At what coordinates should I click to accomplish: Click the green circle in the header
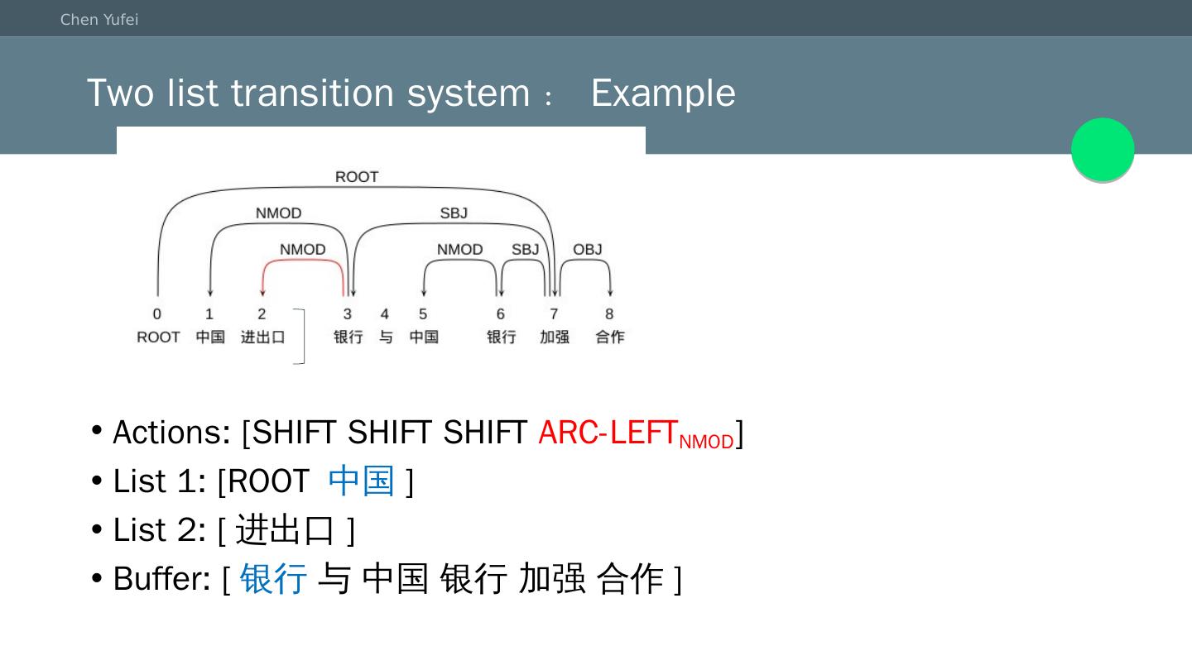pyautogui.click(x=1103, y=149)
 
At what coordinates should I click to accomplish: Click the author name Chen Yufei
pyautogui.click(x=99, y=20)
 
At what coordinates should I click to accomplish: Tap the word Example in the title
pyautogui.click(x=663, y=93)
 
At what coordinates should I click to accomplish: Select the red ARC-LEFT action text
pyautogui.click(x=608, y=433)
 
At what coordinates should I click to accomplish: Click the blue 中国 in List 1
pyautogui.click(x=361, y=481)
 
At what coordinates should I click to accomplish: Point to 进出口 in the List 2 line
pyautogui.click(x=286, y=529)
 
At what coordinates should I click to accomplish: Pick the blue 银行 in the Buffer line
pyautogui.click(x=273, y=578)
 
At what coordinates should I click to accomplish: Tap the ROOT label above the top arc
pyautogui.click(x=357, y=177)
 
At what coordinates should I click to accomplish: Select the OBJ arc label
pyautogui.click(x=588, y=250)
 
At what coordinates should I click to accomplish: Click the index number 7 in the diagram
pyautogui.click(x=554, y=314)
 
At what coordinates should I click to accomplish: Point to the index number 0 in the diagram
pyautogui.click(x=157, y=314)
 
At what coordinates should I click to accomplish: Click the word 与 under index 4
pyautogui.click(x=386, y=337)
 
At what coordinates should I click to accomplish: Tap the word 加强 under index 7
pyautogui.click(x=554, y=337)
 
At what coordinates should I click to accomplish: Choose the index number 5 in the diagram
pyautogui.click(x=423, y=314)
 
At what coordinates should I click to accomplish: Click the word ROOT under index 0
pyautogui.click(x=158, y=337)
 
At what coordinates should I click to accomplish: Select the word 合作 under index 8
pyautogui.click(x=610, y=337)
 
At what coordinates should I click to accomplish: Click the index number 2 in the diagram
pyautogui.click(x=262, y=314)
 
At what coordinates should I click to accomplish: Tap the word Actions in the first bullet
pyautogui.click(x=171, y=433)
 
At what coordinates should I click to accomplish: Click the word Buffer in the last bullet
pyautogui.click(x=161, y=579)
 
